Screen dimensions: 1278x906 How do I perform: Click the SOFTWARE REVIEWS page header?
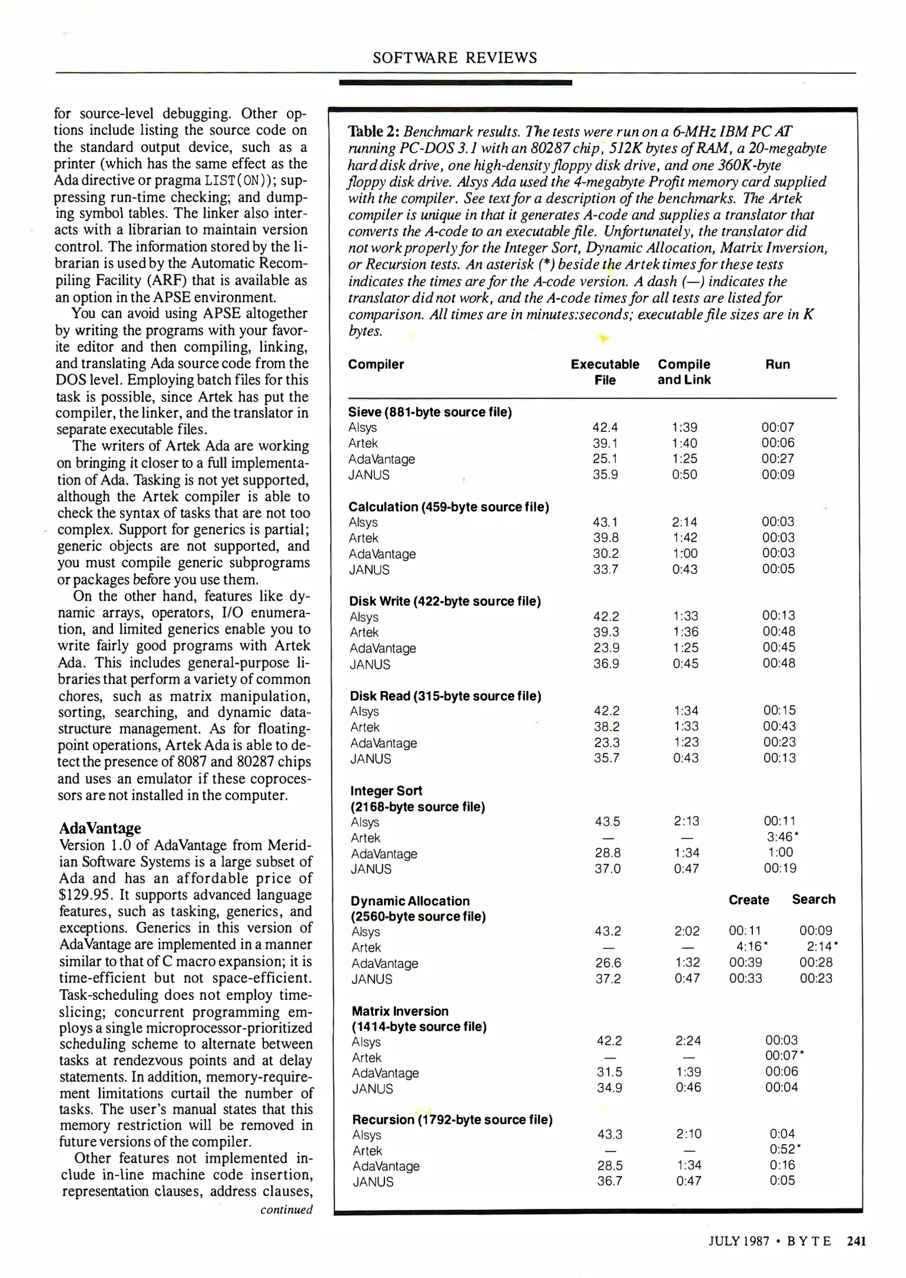click(x=455, y=57)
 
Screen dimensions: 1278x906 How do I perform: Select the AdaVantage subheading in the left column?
click(x=100, y=828)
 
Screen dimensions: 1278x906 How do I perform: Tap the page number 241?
click(x=856, y=1241)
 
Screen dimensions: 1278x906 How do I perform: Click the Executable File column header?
click(x=605, y=372)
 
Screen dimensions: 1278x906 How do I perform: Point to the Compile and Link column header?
click(x=684, y=372)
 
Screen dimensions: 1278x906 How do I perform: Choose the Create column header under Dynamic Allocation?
click(x=749, y=900)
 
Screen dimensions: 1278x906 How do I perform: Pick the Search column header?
click(x=814, y=899)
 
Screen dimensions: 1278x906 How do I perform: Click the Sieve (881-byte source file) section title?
click(x=430, y=412)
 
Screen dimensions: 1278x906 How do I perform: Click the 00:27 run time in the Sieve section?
click(x=778, y=459)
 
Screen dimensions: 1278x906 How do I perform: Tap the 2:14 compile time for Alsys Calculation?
click(x=684, y=522)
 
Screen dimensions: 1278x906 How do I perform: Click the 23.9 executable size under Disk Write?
click(x=606, y=648)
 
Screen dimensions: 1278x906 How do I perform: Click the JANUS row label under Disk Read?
click(x=371, y=759)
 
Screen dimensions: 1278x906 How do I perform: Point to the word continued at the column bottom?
click(x=286, y=1209)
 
